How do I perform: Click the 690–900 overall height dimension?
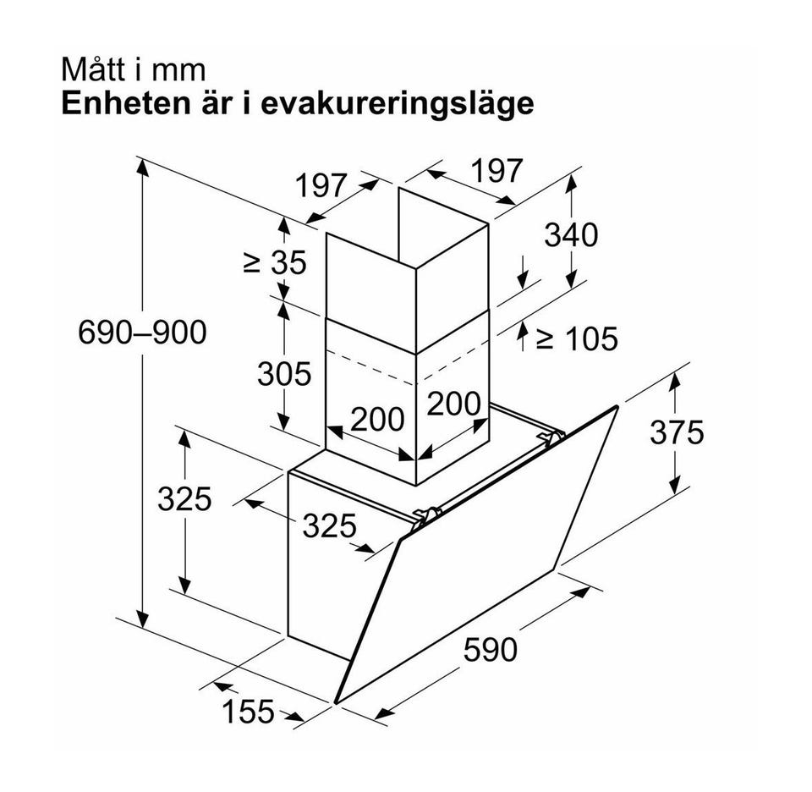pyautogui.click(x=142, y=332)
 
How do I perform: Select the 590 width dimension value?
pyautogui.click(x=490, y=650)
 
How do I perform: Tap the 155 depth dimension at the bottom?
pyautogui.click(x=248, y=712)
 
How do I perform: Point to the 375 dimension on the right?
pyautogui.click(x=677, y=432)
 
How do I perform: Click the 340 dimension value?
pyautogui.click(x=571, y=234)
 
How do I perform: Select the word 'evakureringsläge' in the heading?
pyautogui.click(x=397, y=104)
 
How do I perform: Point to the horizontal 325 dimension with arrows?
pyautogui.click(x=329, y=525)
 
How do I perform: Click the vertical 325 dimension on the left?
pyautogui.click(x=184, y=499)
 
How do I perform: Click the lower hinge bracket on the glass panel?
pyautogui.click(x=426, y=516)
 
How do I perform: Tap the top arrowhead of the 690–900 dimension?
pyautogui.click(x=142, y=168)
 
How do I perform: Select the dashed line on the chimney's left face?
pyautogui.click(x=370, y=366)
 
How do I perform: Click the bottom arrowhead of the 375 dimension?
pyautogui.click(x=674, y=486)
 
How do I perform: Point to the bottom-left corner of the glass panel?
pyautogui.click(x=336, y=702)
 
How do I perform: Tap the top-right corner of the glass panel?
pyautogui.click(x=617, y=406)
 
